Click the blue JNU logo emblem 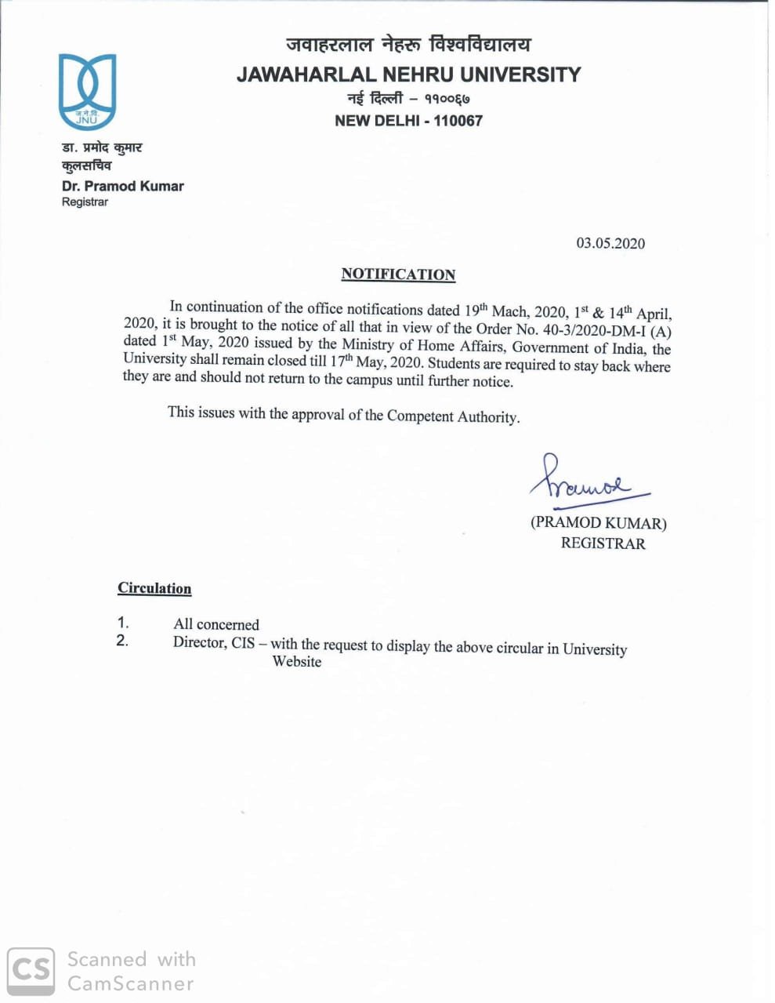[x=87, y=91]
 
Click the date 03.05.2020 [x=610, y=243]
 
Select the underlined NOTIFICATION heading [x=398, y=274]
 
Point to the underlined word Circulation [x=154, y=588]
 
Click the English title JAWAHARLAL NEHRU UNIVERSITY [x=408, y=74]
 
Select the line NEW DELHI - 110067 [x=408, y=121]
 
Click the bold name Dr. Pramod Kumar [x=122, y=186]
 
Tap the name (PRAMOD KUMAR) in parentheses [x=598, y=522]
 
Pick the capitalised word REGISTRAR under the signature [x=603, y=543]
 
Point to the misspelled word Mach [x=509, y=311]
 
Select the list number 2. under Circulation [x=122, y=641]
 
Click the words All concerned [x=216, y=624]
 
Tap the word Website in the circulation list [x=297, y=662]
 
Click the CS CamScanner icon [x=31, y=971]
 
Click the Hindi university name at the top [x=408, y=45]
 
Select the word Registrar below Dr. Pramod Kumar [x=85, y=202]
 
